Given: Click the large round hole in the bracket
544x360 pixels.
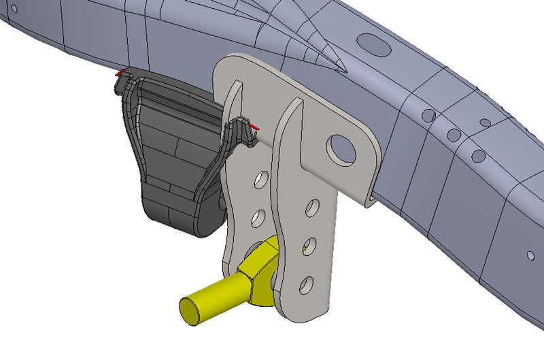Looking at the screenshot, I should [x=341, y=149].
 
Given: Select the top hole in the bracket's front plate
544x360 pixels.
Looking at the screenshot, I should [x=313, y=207].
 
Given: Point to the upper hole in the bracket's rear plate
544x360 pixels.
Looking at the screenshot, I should [x=259, y=180].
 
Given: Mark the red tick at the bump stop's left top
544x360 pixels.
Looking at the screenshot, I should [x=120, y=72].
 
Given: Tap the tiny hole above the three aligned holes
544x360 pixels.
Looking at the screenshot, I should [x=485, y=123].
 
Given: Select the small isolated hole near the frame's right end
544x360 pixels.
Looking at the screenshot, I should [x=530, y=255].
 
